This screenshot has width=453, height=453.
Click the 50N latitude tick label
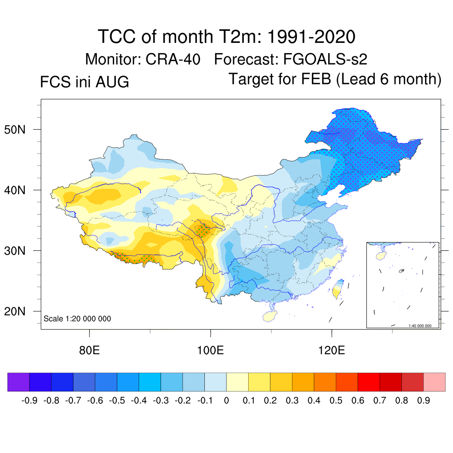tap(15, 130)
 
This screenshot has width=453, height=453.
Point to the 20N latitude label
tap(15, 311)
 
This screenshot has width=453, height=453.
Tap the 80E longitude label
tap(89, 350)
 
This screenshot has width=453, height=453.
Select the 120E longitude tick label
tap(331, 350)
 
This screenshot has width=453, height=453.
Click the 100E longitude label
tap(210, 350)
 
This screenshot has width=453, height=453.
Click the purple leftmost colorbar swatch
tap(19, 382)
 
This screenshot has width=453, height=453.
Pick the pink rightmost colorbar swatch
tap(434, 382)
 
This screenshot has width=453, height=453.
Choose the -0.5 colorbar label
tap(117, 400)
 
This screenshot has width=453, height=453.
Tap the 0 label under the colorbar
tap(226, 400)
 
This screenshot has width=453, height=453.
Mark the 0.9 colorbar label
tap(423, 400)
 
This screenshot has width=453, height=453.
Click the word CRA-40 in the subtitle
tap(173, 59)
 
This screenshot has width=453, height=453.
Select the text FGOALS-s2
tap(325, 59)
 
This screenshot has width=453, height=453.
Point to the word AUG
tap(112, 82)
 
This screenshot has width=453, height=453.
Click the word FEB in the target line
tap(316, 79)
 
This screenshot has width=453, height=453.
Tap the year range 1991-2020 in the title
tap(311, 37)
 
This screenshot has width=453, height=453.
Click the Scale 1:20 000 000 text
tap(77, 319)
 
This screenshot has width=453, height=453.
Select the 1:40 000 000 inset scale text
tap(420, 326)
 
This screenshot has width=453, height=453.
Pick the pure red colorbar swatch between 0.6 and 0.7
tap(369, 382)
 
